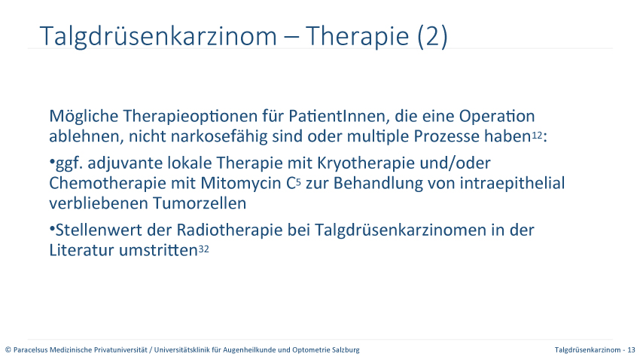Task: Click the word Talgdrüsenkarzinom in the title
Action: (x=158, y=37)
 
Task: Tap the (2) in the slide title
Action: (x=432, y=36)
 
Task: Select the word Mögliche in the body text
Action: (x=84, y=117)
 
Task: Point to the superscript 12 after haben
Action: (x=537, y=135)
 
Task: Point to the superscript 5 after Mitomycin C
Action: (x=298, y=182)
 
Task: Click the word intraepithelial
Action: (x=512, y=184)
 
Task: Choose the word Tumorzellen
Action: (x=200, y=203)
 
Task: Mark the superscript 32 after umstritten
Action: (x=204, y=249)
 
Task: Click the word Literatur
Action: (x=81, y=250)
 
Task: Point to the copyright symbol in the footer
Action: (x=8, y=349)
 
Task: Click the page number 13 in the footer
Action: (x=632, y=349)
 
